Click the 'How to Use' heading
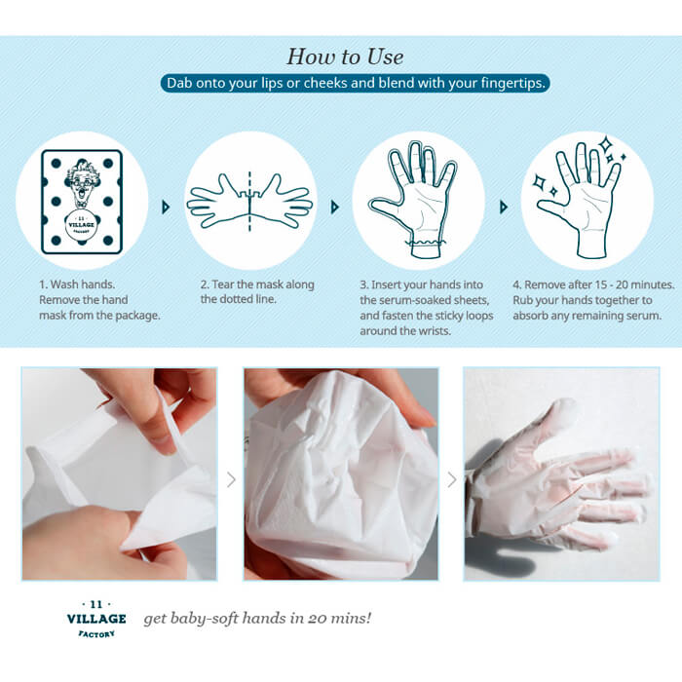pyautogui.click(x=345, y=57)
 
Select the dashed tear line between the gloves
pyautogui.click(x=249, y=202)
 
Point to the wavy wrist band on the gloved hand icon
pyautogui.click(x=427, y=242)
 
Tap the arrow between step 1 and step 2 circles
pyautogui.click(x=166, y=207)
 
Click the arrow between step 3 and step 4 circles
pyautogui.click(x=504, y=207)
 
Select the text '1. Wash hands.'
pyautogui.click(x=77, y=284)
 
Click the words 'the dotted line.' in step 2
pyautogui.click(x=239, y=299)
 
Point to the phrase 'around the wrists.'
pyautogui.click(x=405, y=331)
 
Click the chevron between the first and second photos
pyautogui.click(x=231, y=480)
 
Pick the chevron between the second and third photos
pyautogui.click(x=452, y=480)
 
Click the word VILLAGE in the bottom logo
pyautogui.click(x=96, y=619)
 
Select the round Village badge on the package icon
pyautogui.click(x=81, y=225)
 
